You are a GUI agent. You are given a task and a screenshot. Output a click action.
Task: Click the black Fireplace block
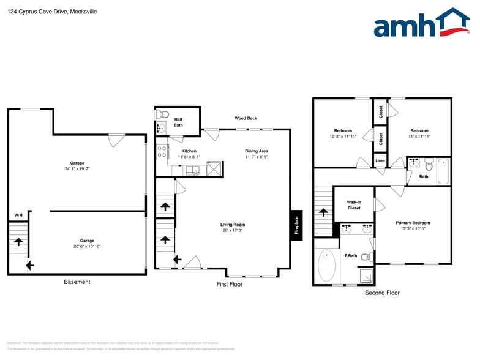pyautogui.click(x=296, y=225)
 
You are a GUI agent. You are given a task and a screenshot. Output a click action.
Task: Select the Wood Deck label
pyautogui.click(x=246, y=118)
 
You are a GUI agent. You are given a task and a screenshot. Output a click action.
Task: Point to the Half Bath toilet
pyautogui.click(x=163, y=114)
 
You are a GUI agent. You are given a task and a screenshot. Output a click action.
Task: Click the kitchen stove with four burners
pyautogui.click(x=162, y=151)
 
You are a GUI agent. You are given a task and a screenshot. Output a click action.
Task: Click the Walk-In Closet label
pyautogui.click(x=354, y=204)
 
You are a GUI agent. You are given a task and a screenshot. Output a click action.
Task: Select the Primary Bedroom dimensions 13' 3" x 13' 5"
pyautogui.click(x=413, y=230)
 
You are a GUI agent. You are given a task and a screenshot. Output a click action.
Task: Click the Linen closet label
pyautogui.click(x=380, y=161)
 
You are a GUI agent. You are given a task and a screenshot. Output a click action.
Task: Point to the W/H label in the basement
pyautogui.click(x=18, y=216)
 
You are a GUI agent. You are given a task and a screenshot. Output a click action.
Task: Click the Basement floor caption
pyautogui.click(x=77, y=282)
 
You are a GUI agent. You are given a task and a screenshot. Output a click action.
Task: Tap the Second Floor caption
pyautogui.click(x=382, y=293)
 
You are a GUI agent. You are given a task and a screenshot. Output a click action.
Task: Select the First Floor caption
pyautogui.click(x=230, y=285)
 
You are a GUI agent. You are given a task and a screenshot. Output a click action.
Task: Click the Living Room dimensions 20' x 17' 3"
pyautogui.click(x=233, y=231)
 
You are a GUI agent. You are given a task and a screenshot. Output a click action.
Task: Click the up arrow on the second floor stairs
pyautogui.click(x=323, y=212)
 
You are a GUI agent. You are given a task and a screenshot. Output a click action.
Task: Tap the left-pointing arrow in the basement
pyautogui.click(x=30, y=265)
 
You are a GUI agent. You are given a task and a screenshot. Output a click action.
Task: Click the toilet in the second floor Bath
pyautogui.click(x=429, y=165)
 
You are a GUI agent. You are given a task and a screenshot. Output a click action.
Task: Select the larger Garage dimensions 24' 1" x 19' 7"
pyautogui.click(x=77, y=169)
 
